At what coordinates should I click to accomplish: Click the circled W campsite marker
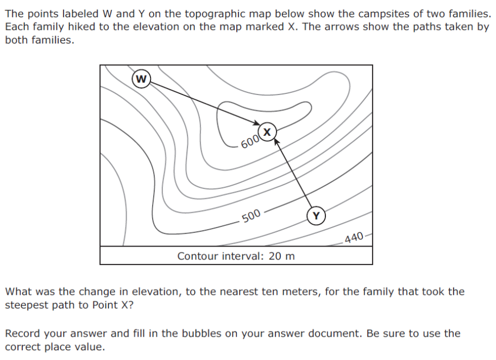coord(141,79)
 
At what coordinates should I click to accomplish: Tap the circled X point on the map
coord(267,132)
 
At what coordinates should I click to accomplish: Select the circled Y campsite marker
coord(316,216)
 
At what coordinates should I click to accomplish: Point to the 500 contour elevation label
coord(251,216)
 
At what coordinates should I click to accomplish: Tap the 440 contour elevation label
coord(354,237)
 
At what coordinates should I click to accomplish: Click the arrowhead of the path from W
coord(256,123)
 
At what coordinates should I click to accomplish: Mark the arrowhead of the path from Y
coord(277,142)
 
